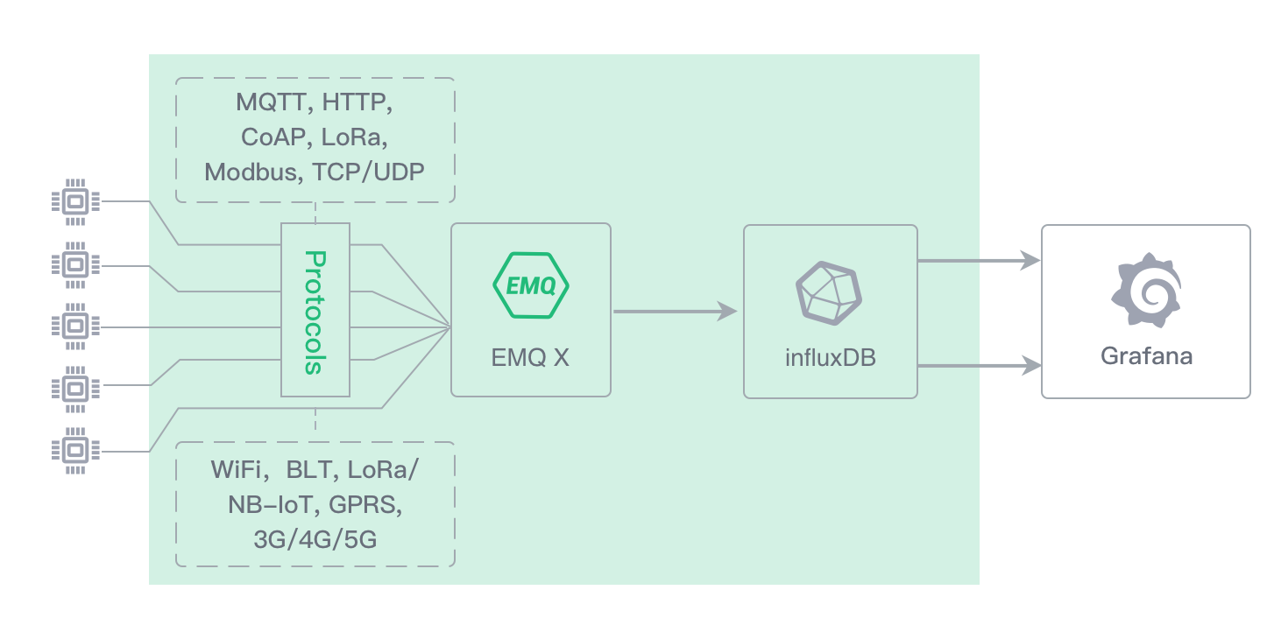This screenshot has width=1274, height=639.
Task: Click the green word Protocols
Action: pyautogui.click(x=315, y=312)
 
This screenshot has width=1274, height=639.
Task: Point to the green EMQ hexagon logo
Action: pyautogui.click(x=530, y=285)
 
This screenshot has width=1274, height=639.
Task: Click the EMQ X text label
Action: pyautogui.click(x=530, y=357)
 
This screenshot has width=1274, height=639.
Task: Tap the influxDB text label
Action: pyautogui.click(x=830, y=357)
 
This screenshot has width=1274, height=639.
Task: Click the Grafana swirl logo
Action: pyautogui.click(x=1145, y=291)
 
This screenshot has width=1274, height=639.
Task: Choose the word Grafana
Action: pyautogui.click(x=1146, y=356)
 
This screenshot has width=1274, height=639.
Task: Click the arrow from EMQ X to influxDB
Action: pyautogui.click(x=675, y=311)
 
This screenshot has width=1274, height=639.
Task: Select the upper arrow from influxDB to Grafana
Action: pyautogui.click(x=978, y=260)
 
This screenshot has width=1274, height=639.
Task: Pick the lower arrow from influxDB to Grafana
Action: pyautogui.click(x=978, y=365)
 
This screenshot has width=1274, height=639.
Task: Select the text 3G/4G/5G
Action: pyautogui.click(x=315, y=540)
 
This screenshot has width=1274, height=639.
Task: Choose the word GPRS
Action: pyautogui.click(x=366, y=505)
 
